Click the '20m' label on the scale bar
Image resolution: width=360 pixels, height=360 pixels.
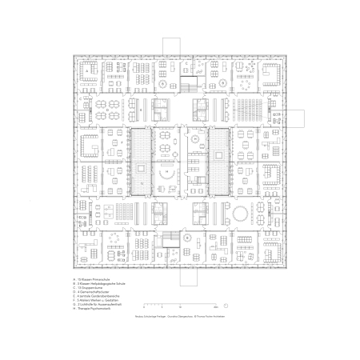coord(216,306)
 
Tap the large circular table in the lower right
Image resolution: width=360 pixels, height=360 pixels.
coord(242,213)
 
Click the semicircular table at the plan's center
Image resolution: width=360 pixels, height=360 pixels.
coord(168,174)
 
